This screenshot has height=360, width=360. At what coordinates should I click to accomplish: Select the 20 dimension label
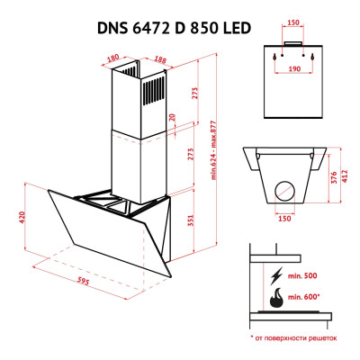[173, 117]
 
